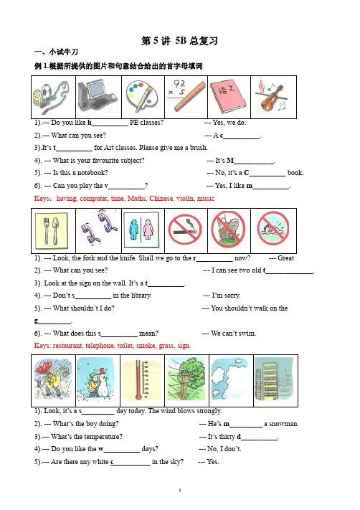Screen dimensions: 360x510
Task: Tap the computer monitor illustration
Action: pyautogui.click(x=98, y=95)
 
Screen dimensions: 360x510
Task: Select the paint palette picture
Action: pyautogui.click(x=143, y=97)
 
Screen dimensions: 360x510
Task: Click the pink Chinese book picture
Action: pyautogui.click(x=229, y=97)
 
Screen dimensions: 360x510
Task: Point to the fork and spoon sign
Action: pyautogui.click(x=52, y=230)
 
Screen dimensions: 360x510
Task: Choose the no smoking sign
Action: pyautogui.click(x=185, y=230)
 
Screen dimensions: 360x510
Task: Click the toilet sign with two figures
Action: pyautogui.click(x=142, y=230)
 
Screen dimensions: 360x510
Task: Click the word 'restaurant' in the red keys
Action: pyautogui.click(x=67, y=346)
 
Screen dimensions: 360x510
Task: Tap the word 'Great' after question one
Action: pyautogui.click(x=285, y=258)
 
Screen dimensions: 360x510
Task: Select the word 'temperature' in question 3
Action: pyautogui.click(x=103, y=437)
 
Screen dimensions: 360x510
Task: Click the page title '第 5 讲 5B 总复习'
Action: pyautogui.click(x=179, y=41)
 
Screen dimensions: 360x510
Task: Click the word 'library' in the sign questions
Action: pyautogui.click(x=140, y=296)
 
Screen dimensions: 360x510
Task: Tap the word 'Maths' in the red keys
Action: pyautogui.click(x=137, y=199)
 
